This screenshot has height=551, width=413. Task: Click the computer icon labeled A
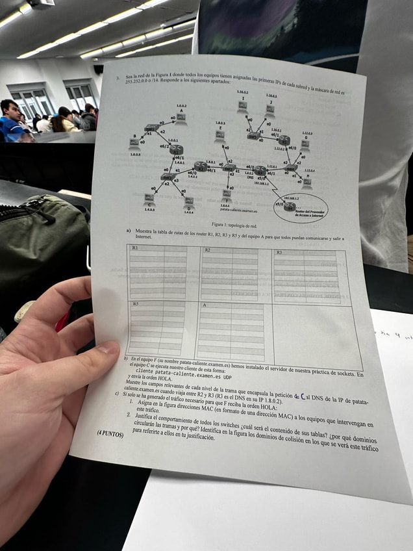click(181, 118)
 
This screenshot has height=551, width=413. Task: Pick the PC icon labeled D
click(189, 201)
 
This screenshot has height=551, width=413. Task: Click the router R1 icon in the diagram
click(176, 150)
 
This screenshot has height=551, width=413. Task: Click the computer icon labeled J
click(269, 110)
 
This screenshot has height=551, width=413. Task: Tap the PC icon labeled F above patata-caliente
click(227, 194)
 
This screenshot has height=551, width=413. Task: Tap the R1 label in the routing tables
click(135, 248)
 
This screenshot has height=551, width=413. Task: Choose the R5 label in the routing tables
click(135, 303)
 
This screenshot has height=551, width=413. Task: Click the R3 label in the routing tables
click(279, 251)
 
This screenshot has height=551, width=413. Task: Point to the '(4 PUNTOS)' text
click(110, 431)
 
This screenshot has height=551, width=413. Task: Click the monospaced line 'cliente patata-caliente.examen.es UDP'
click(184, 377)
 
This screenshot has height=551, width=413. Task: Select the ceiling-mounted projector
click(40, 3)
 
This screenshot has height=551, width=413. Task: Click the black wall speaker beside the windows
click(98, 69)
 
